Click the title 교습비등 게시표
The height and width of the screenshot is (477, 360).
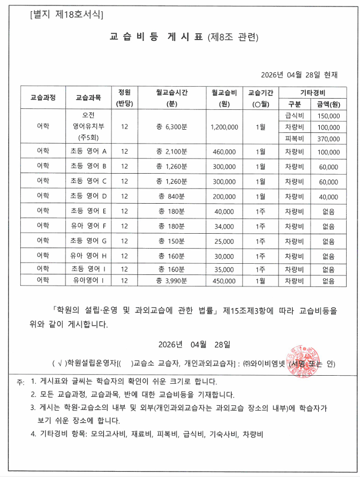[156, 37]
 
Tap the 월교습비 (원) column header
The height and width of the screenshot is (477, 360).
[224, 98]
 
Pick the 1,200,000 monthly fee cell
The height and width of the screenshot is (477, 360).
[224, 127]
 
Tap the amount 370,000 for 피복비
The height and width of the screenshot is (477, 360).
[328, 138]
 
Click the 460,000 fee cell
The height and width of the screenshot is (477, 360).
[224, 152]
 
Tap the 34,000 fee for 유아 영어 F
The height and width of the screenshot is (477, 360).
[224, 226]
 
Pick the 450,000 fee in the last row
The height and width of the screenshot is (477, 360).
[224, 280]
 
